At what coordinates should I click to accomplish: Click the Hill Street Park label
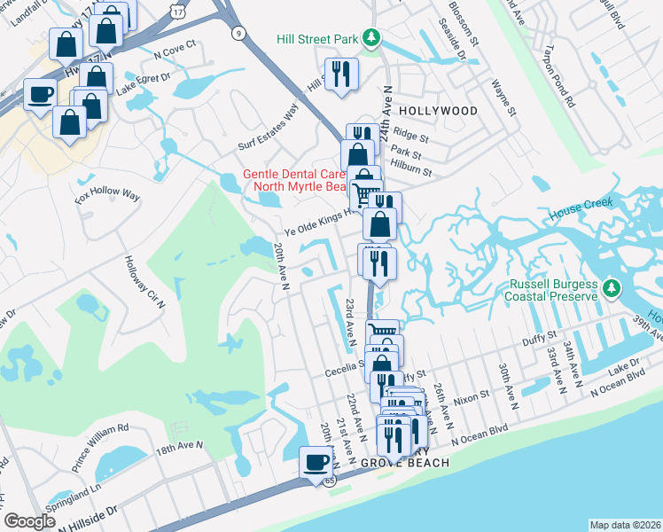[x=316, y=38]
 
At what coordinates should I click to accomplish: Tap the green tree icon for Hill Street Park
[x=373, y=37]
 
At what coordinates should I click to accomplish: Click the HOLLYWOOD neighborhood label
[x=438, y=111]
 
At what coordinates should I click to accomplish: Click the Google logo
[x=29, y=520]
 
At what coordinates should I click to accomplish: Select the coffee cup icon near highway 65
[x=316, y=462]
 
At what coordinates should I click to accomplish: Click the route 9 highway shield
[x=238, y=34]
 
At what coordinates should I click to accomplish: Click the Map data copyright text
[x=625, y=524]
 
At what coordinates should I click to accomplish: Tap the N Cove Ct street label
[x=174, y=51]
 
